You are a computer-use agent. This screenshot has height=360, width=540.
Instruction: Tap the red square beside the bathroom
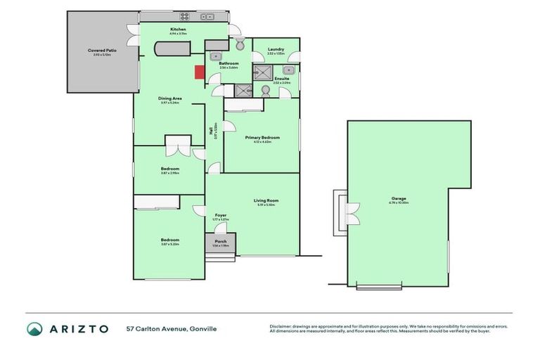click(x=199, y=72)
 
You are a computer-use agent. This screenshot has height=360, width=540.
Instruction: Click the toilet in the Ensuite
click(x=266, y=91)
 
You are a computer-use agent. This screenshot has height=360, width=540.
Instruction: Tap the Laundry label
click(x=275, y=49)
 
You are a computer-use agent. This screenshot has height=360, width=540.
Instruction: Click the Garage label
click(x=399, y=198)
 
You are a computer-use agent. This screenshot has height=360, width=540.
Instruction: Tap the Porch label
click(x=220, y=241)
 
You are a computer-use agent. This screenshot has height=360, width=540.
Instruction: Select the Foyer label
click(x=220, y=215)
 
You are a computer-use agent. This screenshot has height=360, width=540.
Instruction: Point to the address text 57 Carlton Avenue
click(x=155, y=328)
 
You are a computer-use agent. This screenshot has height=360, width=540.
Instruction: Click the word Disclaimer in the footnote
click(x=281, y=326)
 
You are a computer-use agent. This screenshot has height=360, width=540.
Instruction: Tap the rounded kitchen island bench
click(x=172, y=50)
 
